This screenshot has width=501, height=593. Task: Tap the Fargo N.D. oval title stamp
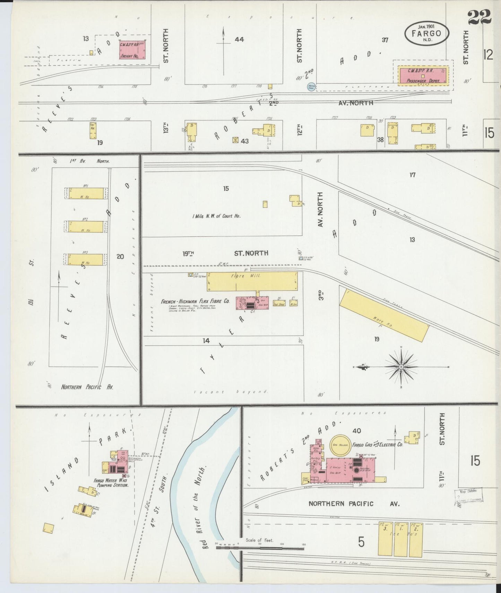426,33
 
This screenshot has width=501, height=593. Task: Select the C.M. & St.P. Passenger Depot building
423,76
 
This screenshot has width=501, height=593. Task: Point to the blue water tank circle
311,87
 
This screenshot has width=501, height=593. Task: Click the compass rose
401,367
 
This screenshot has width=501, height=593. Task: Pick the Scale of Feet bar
260,549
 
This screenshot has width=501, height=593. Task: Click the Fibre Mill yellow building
252,281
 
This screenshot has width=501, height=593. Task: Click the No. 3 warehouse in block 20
86,259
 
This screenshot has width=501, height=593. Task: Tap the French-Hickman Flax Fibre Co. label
195,302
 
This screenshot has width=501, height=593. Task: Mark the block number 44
239,40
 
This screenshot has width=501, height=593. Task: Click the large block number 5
361,542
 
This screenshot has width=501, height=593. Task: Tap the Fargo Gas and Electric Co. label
377,444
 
